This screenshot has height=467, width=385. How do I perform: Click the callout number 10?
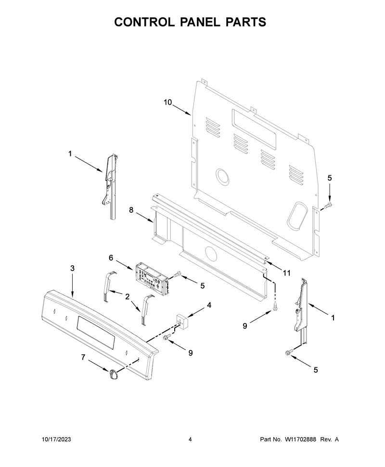(x=168, y=103)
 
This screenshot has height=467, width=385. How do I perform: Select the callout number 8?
(x=131, y=210)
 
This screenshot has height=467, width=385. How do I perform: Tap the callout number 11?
(x=286, y=273)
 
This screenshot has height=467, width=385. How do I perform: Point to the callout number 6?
(x=111, y=258)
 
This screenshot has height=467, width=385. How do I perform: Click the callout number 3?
(x=72, y=268)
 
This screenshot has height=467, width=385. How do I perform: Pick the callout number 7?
(x=83, y=357)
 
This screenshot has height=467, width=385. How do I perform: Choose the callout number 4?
(x=209, y=305)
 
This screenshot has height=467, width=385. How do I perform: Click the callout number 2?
(x=128, y=297)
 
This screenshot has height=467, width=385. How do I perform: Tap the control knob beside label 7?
(x=114, y=374)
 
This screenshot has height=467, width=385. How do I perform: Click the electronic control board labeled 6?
(x=151, y=276)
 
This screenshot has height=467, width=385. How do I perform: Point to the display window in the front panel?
(x=96, y=332)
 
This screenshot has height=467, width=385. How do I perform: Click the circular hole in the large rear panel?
(x=222, y=177)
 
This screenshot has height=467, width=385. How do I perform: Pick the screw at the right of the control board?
(x=177, y=274)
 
